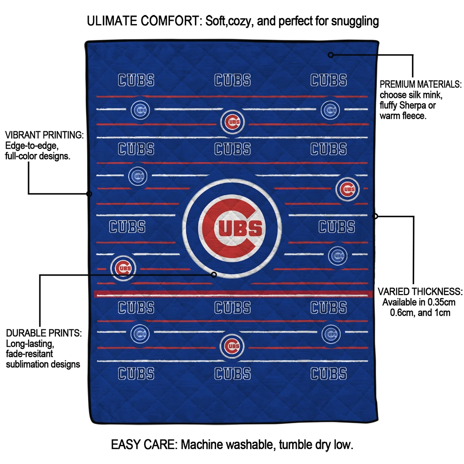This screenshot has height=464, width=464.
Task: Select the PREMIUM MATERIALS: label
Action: pyautogui.click(x=420, y=84)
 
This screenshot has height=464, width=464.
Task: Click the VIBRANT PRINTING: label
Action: pyautogui.click(x=44, y=135)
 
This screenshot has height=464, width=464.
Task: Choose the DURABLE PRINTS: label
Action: pyautogui.click(x=43, y=333)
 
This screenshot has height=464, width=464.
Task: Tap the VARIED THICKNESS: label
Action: pyautogui.click(x=420, y=291)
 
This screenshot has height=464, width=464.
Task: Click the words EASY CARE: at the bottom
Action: pyautogui.click(x=144, y=445)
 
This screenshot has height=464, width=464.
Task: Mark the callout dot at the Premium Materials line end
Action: pyautogui.click(x=331, y=55)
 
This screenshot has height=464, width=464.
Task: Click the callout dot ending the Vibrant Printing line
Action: pyautogui.click(x=89, y=194)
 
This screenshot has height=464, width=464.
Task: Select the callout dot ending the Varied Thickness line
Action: pyautogui.click(x=375, y=216)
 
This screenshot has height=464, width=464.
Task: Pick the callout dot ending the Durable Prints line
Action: pyautogui.click(x=214, y=275)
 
